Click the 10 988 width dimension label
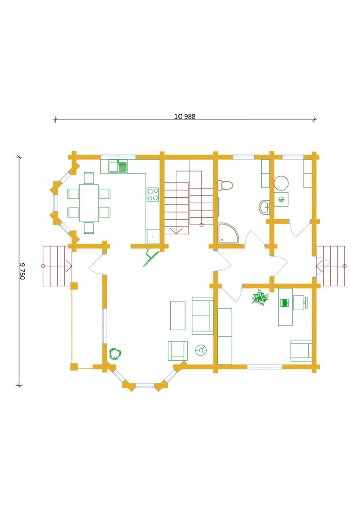185,116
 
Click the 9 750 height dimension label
22,271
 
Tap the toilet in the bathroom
225,185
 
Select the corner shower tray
228,233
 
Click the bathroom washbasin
264,207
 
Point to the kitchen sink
118,166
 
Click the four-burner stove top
153,194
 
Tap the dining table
89,203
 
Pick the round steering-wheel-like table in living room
201,351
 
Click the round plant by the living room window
115,354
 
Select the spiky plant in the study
260,298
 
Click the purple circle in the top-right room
281,183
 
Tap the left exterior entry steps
57,266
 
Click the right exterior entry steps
331,266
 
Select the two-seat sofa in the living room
202,316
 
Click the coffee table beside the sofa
178,316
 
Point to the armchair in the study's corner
301,351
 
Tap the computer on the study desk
285,303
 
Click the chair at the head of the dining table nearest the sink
89,178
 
